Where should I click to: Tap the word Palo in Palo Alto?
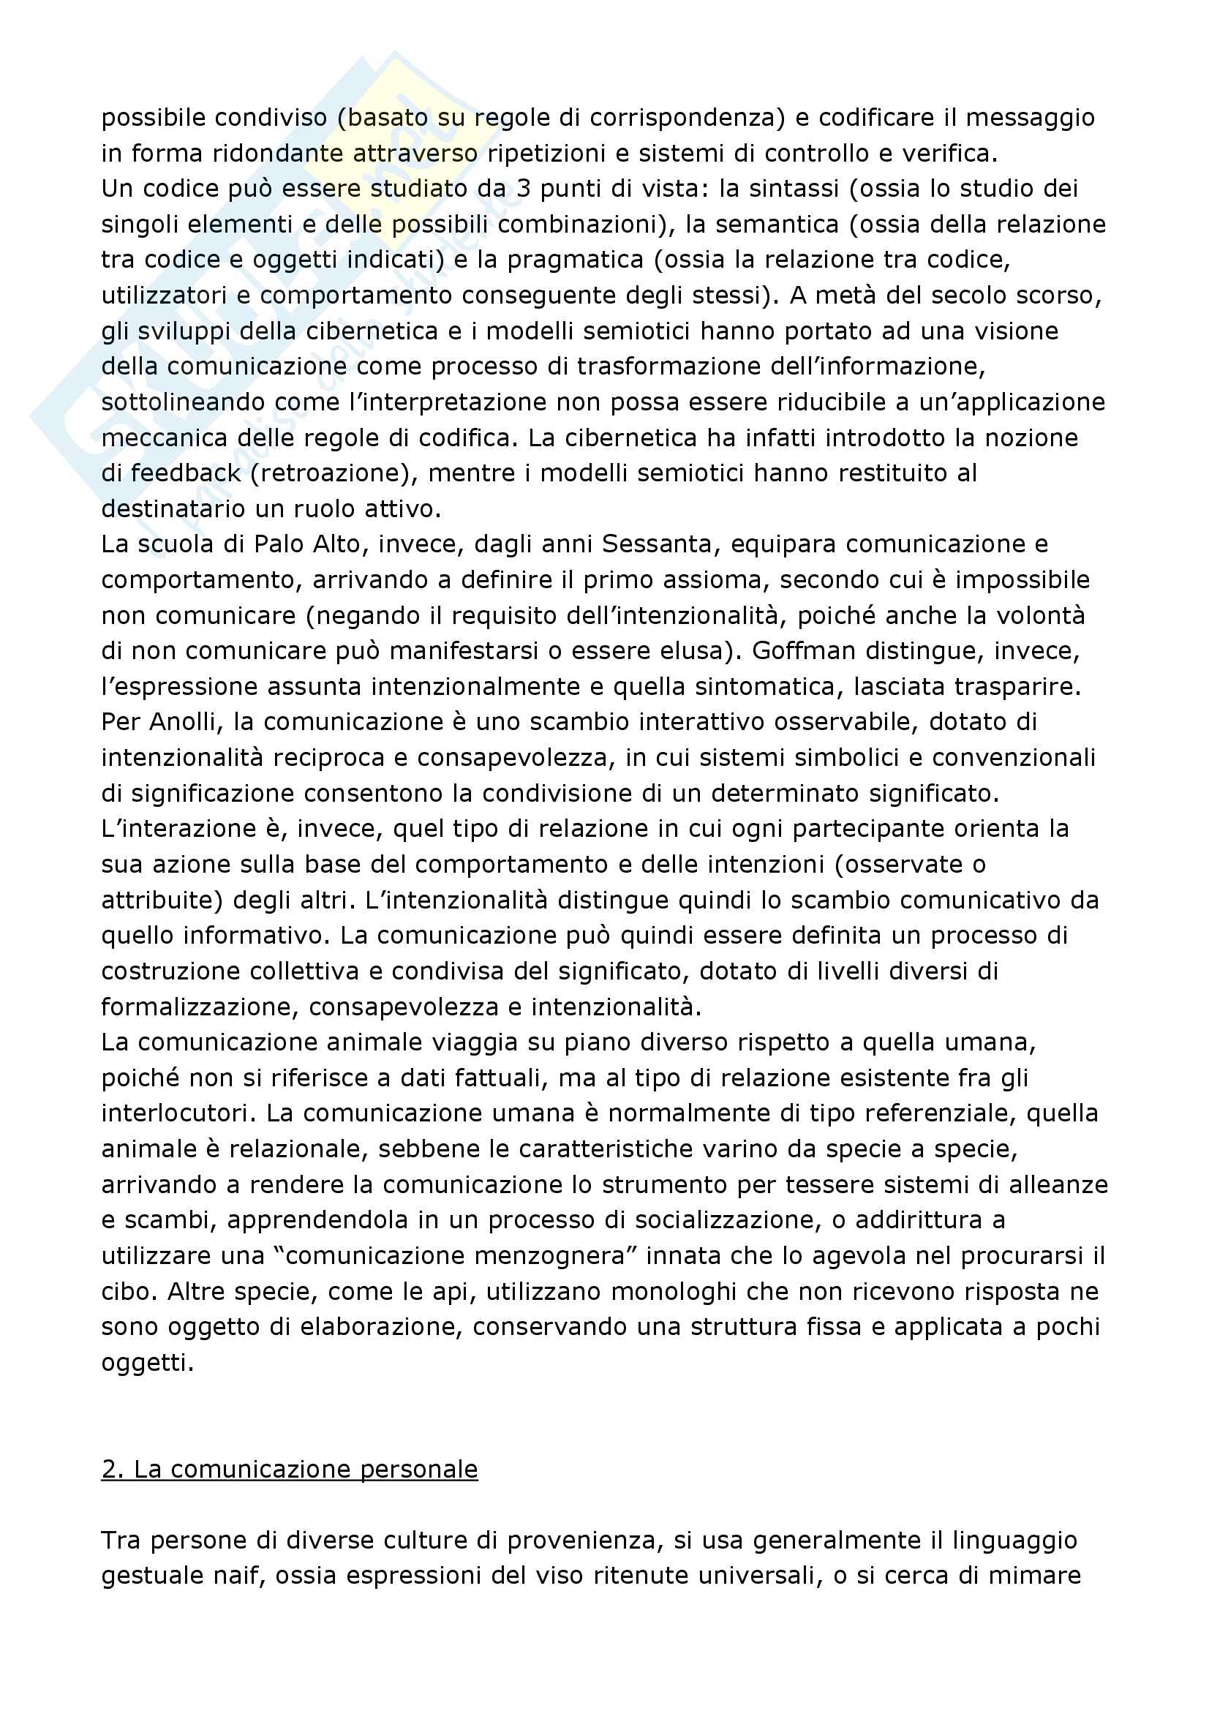pos(276,545)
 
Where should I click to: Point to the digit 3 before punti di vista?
pos(524,189)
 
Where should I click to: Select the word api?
pos(454,1291)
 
